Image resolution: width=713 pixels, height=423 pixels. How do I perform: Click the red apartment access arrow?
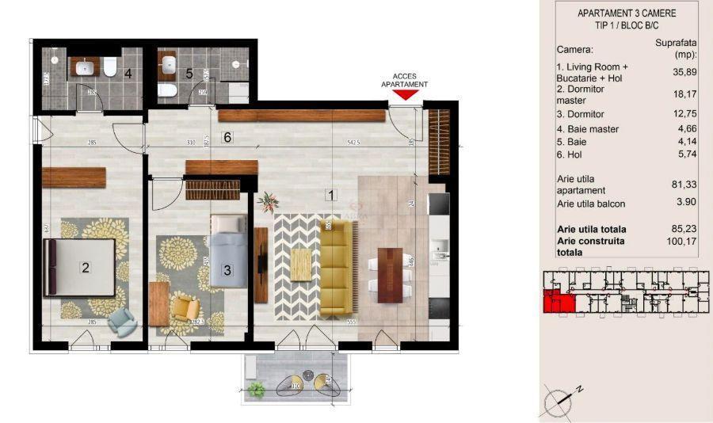(x=405, y=95)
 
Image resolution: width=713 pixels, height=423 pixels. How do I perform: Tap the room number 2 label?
(x=86, y=268)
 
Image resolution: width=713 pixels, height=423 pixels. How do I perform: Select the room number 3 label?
(x=227, y=270)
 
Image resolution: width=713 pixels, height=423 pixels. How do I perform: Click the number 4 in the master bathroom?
(x=127, y=74)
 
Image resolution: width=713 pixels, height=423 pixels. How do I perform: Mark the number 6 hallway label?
(x=227, y=137)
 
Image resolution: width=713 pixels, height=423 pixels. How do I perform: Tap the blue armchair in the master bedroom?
(x=122, y=320)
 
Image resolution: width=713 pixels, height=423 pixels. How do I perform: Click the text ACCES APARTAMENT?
(x=405, y=78)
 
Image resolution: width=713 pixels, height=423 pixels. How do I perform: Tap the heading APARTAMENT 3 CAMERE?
(x=627, y=13)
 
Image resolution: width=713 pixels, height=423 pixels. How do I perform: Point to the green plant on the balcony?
(x=256, y=389)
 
